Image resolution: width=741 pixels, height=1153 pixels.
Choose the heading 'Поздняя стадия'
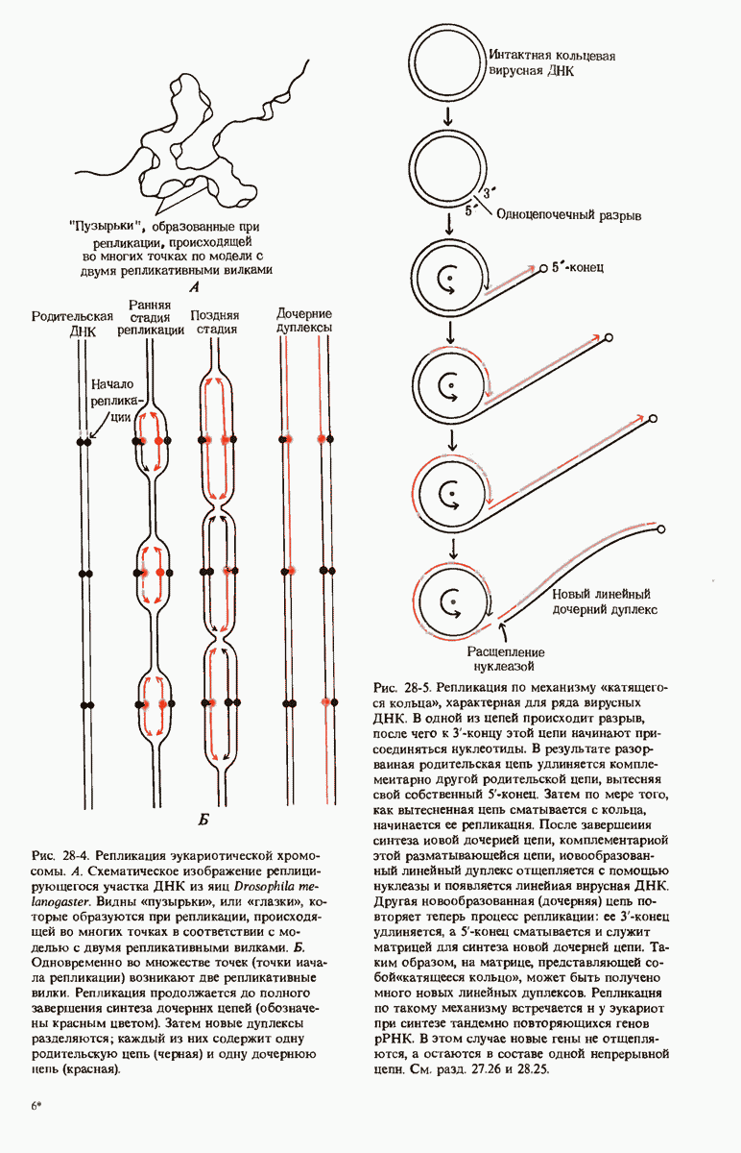(x=215, y=322)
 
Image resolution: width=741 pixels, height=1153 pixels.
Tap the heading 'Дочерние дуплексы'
(x=304, y=322)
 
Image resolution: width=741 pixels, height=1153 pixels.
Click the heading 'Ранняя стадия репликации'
(x=151, y=317)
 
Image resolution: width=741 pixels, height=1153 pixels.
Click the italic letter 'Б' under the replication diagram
(x=203, y=820)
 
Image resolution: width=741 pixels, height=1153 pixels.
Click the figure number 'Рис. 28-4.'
(x=61, y=856)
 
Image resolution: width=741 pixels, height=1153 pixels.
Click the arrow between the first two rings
(x=446, y=117)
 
